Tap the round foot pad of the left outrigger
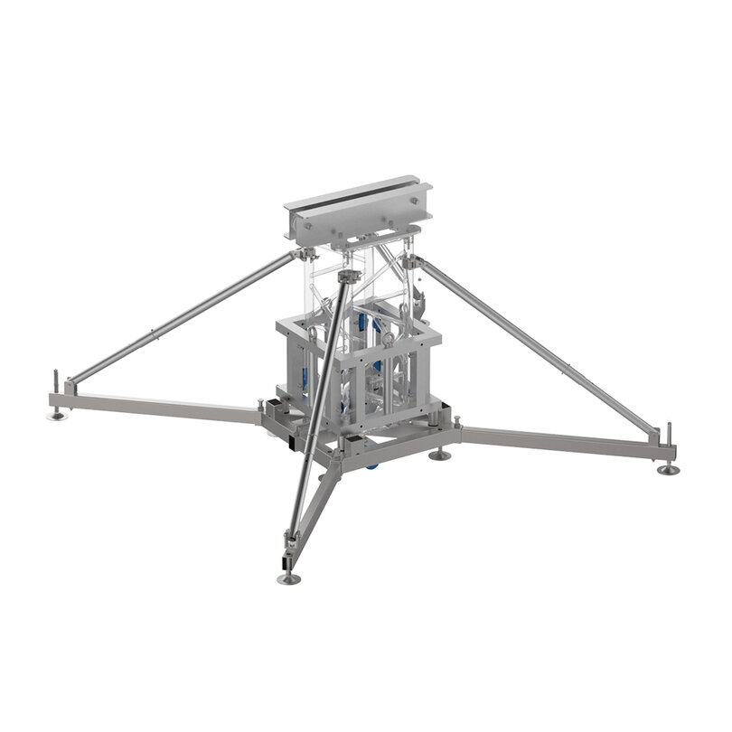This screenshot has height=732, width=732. (x=57, y=415)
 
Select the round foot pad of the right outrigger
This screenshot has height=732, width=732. (x=668, y=470)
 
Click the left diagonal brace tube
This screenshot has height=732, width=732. (x=181, y=316)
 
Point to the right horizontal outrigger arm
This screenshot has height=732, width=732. (x=560, y=442)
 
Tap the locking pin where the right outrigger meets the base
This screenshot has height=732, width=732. (x=457, y=422)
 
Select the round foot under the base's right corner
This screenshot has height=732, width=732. (x=439, y=455)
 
